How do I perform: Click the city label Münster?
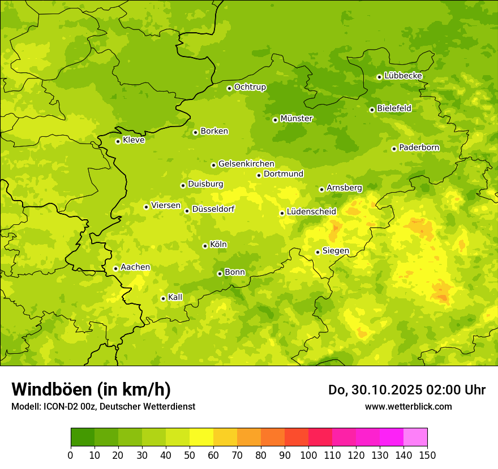(297, 119)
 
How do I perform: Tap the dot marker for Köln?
(205, 246)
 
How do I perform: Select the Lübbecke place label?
(403, 76)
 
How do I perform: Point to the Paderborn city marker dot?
(394, 149)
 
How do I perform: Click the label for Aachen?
(135, 267)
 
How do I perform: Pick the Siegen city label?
(336, 251)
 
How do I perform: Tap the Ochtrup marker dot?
(229, 88)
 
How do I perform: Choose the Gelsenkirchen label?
(246, 164)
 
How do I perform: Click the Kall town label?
(175, 297)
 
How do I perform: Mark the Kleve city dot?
(118, 141)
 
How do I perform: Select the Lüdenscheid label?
(311, 212)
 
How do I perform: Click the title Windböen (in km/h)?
(91, 389)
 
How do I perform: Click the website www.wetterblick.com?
(408, 406)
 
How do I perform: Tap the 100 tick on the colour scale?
(308, 455)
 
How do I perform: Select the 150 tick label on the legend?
(427, 455)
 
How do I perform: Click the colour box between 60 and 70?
(225, 437)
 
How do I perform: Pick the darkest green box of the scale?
(83, 437)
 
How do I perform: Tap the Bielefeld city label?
(394, 108)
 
